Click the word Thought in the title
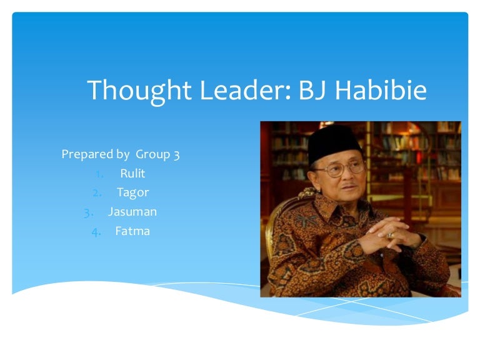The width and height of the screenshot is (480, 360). (x=139, y=91)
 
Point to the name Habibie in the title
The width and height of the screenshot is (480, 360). (x=381, y=90)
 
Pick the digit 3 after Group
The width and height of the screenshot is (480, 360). (x=177, y=155)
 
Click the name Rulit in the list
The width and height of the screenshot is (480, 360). (x=132, y=174)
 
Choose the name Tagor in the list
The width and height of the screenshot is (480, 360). (x=133, y=193)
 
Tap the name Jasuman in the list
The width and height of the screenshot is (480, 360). (x=132, y=212)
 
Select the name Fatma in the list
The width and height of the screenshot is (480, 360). (x=132, y=231)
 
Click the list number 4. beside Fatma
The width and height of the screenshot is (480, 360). (x=96, y=232)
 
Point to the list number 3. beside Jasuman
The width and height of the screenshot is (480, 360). (x=89, y=213)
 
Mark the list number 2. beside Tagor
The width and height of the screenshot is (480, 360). (x=97, y=193)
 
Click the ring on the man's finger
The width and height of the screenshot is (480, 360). (x=391, y=235)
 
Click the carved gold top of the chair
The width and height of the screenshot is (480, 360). (x=307, y=193)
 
